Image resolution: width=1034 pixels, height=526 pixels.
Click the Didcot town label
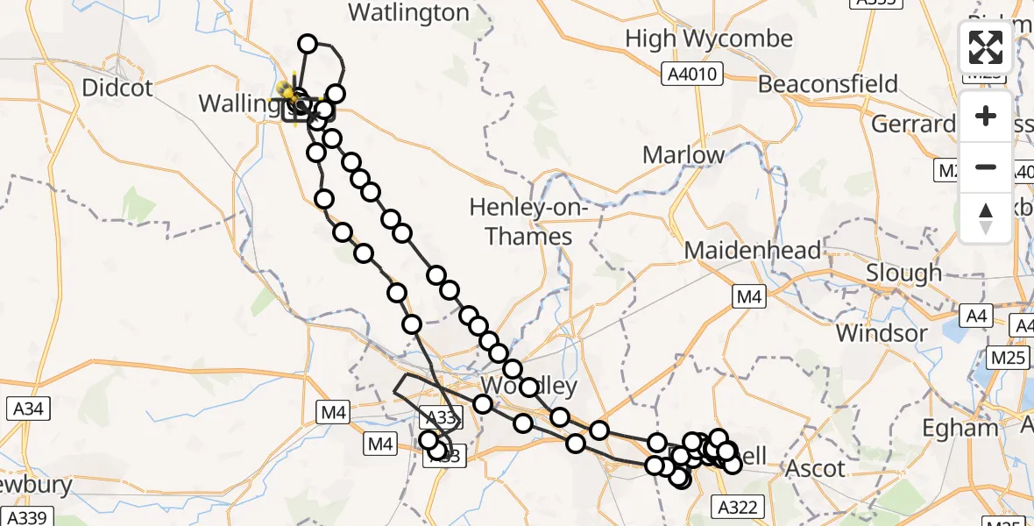(x=117, y=88)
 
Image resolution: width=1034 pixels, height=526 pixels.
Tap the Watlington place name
(x=408, y=12)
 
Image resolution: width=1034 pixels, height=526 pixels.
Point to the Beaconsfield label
(x=828, y=84)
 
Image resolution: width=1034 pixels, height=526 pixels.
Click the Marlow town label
(x=683, y=155)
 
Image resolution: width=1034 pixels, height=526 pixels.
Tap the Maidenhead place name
(x=753, y=251)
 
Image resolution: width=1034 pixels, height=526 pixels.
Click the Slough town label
(x=903, y=273)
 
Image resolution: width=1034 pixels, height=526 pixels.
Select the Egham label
(x=960, y=428)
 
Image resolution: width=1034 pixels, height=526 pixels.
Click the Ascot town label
(x=817, y=469)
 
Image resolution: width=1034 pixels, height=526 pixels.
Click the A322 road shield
(x=740, y=506)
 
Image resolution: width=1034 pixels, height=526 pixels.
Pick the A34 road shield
(x=29, y=409)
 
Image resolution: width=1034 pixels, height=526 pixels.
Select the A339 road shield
(x=28, y=517)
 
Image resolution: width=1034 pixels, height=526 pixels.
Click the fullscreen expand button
(x=986, y=47)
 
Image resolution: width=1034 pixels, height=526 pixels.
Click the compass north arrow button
(x=986, y=217)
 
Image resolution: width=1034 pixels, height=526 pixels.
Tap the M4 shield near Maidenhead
(x=748, y=297)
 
